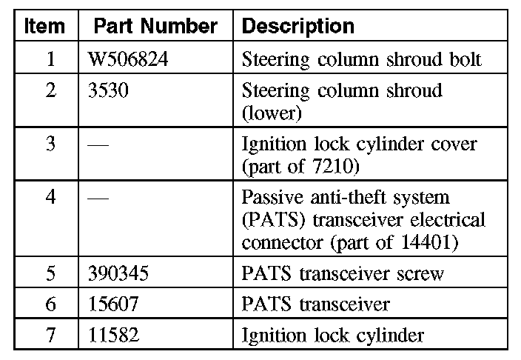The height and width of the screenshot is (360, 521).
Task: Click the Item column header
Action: click(x=45, y=27)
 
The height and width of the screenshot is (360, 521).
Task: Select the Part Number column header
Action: click(x=155, y=27)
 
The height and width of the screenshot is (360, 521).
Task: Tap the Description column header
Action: click(x=298, y=27)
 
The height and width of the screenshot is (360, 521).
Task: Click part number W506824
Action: click(x=127, y=59)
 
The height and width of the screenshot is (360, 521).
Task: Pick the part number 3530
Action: click(x=107, y=91)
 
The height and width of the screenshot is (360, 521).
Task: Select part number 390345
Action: click(x=118, y=273)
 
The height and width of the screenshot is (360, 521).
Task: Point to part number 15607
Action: click(x=113, y=304)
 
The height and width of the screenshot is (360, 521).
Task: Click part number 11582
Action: click(x=113, y=335)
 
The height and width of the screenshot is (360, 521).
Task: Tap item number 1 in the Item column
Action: click(x=50, y=59)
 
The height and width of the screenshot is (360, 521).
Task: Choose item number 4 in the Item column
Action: click(x=50, y=198)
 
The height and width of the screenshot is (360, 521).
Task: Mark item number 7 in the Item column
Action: click(x=50, y=335)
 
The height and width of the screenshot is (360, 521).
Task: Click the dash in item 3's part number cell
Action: click(x=98, y=144)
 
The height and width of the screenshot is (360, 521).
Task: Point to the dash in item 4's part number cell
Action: click(x=98, y=198)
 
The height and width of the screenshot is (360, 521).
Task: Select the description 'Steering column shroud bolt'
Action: click(x=362, y=59)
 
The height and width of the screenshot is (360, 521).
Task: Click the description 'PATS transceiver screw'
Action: click(x=343, y=273)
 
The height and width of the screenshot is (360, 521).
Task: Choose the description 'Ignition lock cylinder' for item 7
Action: click(x=333, y=335)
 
